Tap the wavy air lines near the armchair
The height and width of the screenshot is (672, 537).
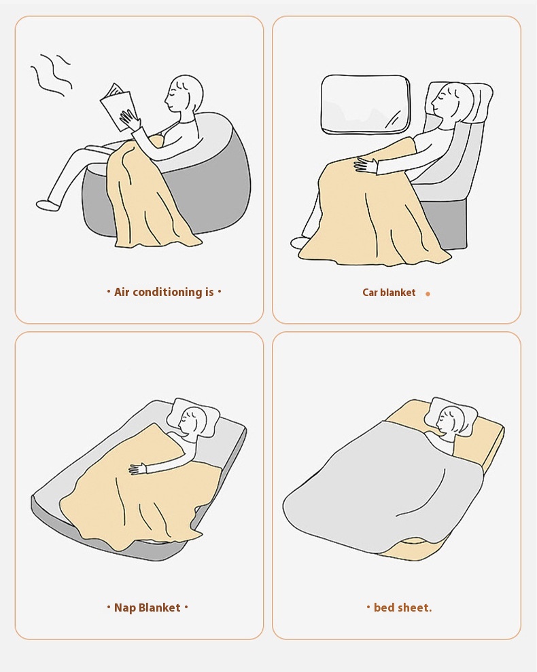(x=51, y=74)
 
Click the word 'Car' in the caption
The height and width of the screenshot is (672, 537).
(x=370, y=293)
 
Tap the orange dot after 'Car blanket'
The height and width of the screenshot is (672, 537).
(x=428, y=293)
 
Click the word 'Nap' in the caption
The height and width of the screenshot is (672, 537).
(x=124, y=608)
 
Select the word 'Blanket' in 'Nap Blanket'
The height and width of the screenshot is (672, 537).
(x=159, y=608)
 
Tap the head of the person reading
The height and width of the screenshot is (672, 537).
(x=184, y=95)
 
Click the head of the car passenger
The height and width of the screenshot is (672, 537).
(x=449, y=102)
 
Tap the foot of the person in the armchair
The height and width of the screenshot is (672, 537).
(x=48, y=205)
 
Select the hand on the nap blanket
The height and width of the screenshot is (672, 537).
(x=138, y=468)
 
